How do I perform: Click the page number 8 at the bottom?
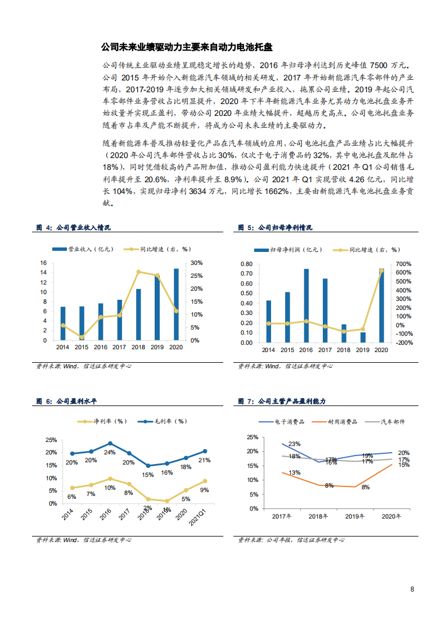pyautogui.click(x=412, y=589)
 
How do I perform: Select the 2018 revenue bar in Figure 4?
pyautogui.click(x=138, y=314)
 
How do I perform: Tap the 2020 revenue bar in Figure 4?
pyautogui.click(x=176, y=304)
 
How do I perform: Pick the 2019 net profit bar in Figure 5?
pyautogui.click(x=363, y=337)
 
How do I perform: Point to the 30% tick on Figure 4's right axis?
pyautogui.click(x=196, y=263)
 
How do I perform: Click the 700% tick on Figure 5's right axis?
pyautogui.click(x=404, y=264)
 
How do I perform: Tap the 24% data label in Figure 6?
pyautogui.click(x=109, y=452)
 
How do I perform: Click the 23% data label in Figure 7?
pyautogui.click(x=294, y=444)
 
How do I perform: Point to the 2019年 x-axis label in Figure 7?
pyautogui.click(x=355, y=516)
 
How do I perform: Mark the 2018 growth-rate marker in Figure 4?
pyautogui.click(x=138, y=272)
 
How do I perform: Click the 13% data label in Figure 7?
pyautogui.click(x=294, y=473)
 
